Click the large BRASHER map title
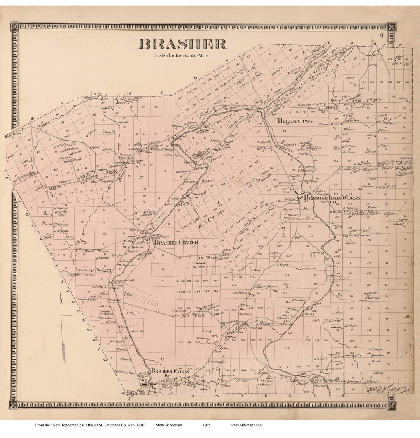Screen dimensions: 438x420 click(x=182, y=44)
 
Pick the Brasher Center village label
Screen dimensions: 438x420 click(x=176, y=243)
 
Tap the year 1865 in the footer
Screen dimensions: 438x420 click(x=206, y=425)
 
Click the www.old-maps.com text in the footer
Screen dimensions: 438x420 click(x=246, y=425)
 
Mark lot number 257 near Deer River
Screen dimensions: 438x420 click(x=287, y=348)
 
